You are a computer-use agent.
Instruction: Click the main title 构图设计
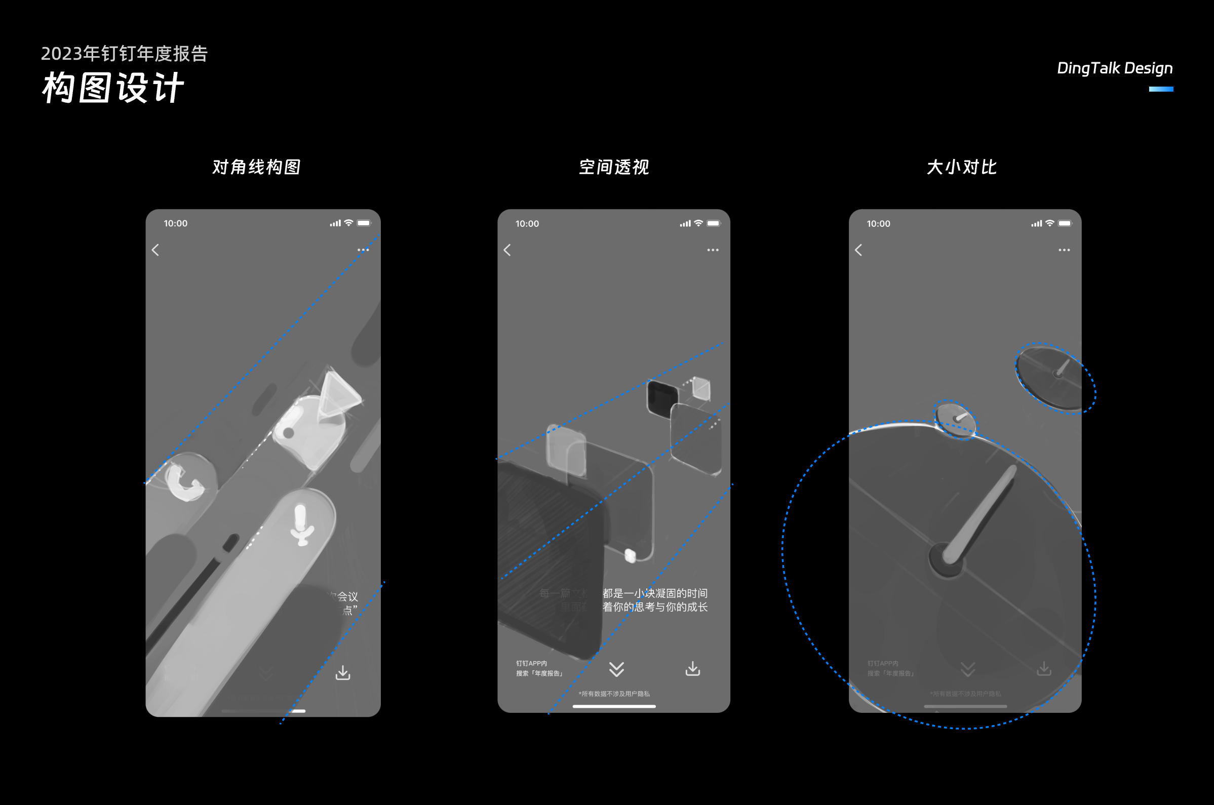112,87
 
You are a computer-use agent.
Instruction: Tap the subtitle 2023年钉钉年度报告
124,53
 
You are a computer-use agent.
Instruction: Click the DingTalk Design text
1114,68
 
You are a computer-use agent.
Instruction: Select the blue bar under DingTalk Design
1161,89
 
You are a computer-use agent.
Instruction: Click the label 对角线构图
256,167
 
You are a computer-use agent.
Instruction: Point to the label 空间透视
614,167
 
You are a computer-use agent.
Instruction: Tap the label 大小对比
961,167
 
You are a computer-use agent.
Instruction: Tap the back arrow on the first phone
155,250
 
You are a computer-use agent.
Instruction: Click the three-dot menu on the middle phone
713,250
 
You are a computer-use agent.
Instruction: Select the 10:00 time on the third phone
878,224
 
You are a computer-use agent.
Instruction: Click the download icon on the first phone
342,672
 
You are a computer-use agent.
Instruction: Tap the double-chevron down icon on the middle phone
616,669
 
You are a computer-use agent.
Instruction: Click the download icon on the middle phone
693,668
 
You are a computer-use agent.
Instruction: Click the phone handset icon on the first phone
184,481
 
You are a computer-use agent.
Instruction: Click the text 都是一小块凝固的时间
655,593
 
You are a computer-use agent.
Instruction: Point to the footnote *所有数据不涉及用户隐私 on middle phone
614,694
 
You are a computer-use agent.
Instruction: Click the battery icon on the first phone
364,223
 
